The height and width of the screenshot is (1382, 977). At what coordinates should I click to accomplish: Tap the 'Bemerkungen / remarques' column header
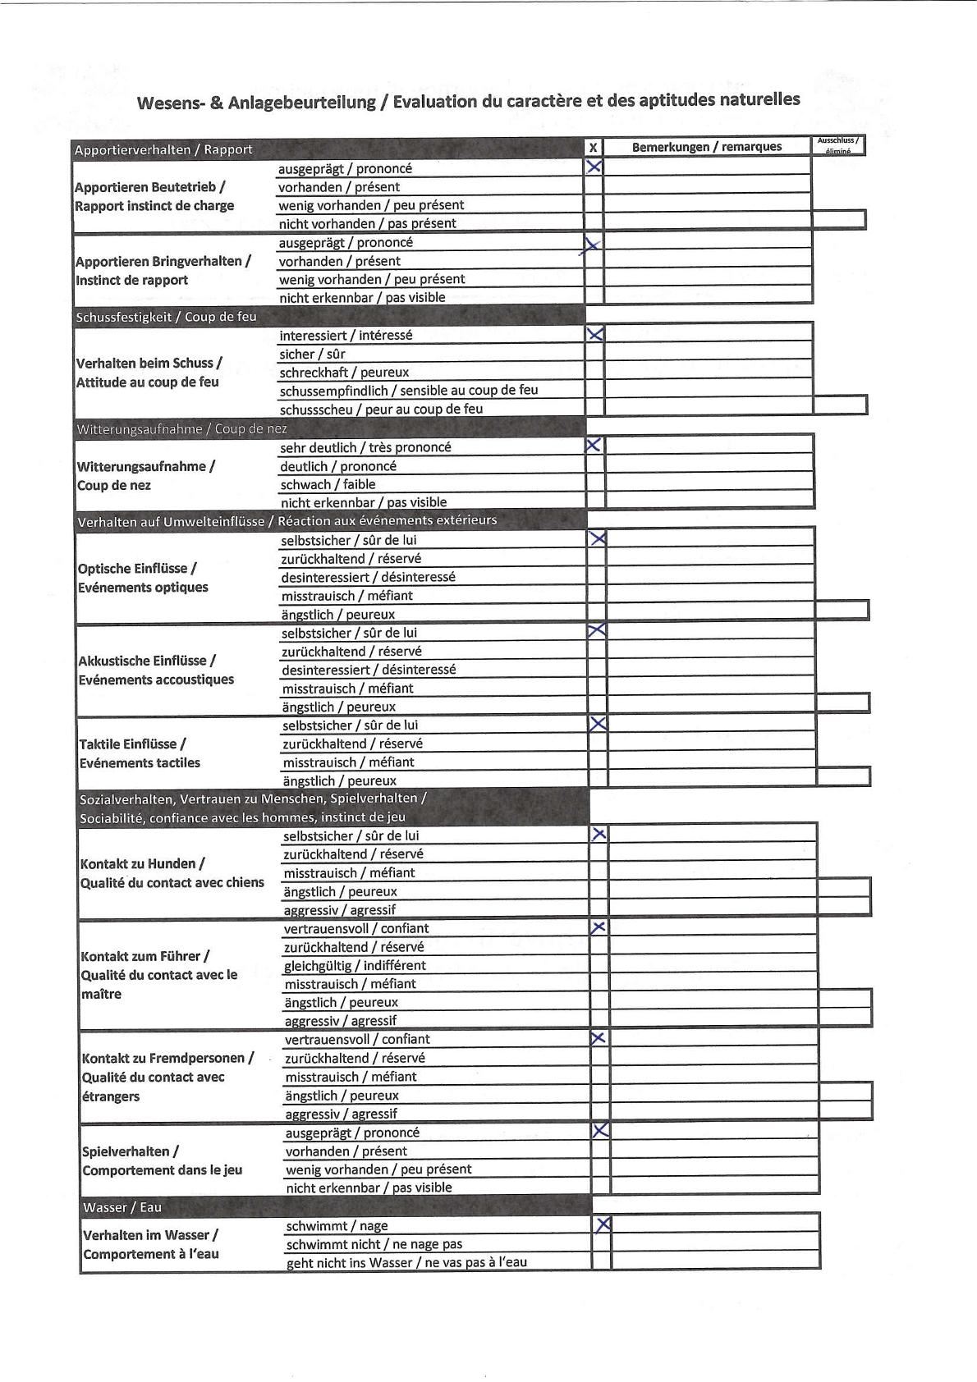pos(707,147)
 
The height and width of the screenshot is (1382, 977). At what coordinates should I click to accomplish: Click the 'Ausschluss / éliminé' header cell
pos(837,145)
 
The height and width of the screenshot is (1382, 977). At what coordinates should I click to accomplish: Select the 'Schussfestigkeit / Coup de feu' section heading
pos(166,317)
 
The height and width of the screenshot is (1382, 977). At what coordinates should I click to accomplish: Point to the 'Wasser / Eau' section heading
pos(122,1207)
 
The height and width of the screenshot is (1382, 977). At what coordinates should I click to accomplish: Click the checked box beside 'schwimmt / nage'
pos(602,1224)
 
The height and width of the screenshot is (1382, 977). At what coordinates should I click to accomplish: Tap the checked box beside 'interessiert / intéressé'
pos(595,334)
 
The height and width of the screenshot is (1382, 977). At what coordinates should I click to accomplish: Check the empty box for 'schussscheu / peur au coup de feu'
pos(596,408)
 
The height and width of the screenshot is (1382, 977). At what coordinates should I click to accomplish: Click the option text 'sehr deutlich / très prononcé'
pos(365,447)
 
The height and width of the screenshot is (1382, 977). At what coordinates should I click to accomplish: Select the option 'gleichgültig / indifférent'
pos(355,965)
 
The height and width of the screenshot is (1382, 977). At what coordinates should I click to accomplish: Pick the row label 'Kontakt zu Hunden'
pos(143,863)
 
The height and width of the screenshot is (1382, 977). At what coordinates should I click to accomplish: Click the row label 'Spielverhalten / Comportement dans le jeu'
pos(162,1160)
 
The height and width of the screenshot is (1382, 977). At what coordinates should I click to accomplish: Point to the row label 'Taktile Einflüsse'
pos(132,744)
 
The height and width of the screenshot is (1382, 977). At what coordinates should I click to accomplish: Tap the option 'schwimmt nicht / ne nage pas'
pos(374,1244)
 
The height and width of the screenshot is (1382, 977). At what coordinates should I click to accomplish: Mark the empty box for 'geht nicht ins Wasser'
pos(602,1261)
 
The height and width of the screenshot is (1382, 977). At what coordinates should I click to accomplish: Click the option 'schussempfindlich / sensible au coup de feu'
pos(409,390)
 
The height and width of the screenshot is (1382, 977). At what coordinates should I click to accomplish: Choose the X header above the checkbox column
pos(594,148)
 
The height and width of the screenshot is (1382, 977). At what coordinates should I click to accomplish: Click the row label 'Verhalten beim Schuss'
pos(149,363)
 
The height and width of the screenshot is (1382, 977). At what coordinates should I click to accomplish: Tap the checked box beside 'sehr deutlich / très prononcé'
pos(594,446)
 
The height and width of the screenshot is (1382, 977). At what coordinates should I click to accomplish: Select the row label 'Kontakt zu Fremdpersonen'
pos(167,1058)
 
